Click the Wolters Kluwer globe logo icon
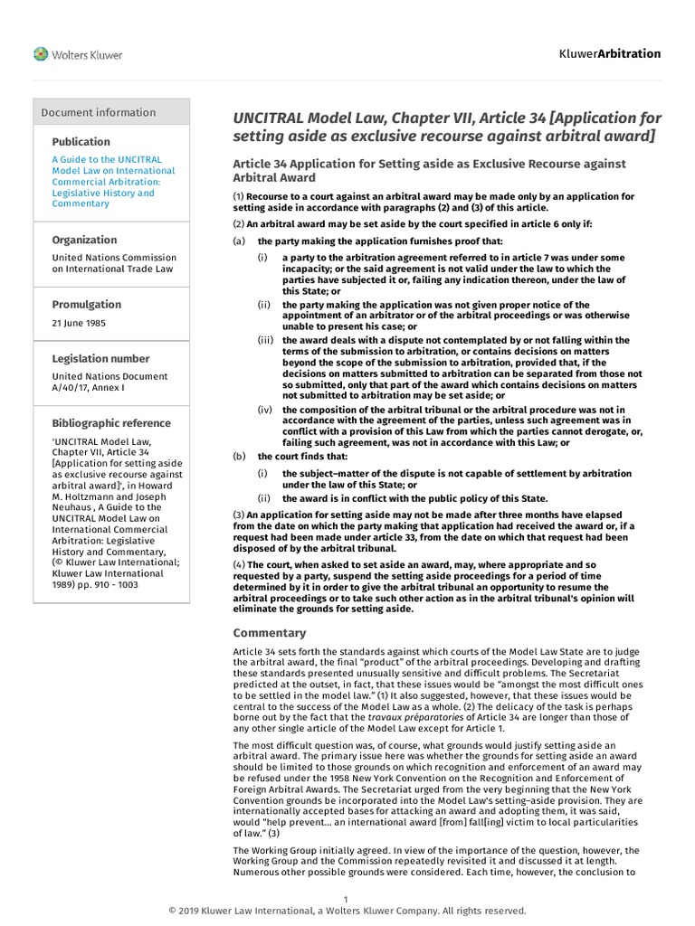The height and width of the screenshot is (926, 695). pos(41,54)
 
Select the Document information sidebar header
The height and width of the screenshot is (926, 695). pos(99,112)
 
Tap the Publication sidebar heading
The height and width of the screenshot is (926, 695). pos(81,142)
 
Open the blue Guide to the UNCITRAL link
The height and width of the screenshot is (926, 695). pos(113,181)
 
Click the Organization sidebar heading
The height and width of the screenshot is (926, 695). pos(84,240)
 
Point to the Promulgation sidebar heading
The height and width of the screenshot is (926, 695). pos(86,305)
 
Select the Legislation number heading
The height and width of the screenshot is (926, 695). pos(99,358)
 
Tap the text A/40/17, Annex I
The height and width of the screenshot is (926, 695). pos(88,387)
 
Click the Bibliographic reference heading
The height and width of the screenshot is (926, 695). pos(110,423)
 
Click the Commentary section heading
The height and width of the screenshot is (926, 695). pos(270,633)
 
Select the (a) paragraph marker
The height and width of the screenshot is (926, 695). pos(239,241)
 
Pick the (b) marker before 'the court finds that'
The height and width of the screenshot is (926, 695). pos(239,456)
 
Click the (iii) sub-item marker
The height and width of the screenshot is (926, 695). pos(266,340)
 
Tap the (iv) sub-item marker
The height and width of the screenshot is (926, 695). pos(265,410)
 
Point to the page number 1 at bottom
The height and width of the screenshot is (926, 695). pos(347,898)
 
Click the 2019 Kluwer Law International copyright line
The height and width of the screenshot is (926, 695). pos(347,911)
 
